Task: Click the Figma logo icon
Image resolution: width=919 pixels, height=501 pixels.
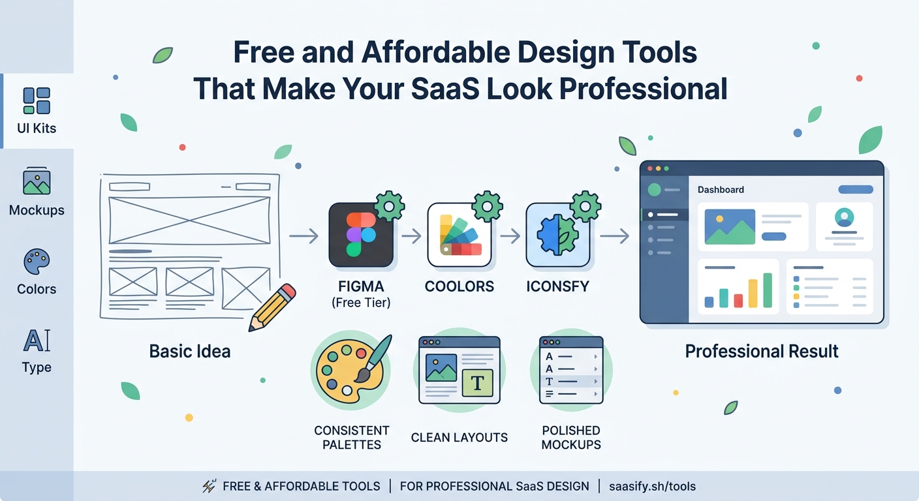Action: (360, 235)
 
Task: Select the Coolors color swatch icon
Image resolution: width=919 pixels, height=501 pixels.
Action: (459, 235)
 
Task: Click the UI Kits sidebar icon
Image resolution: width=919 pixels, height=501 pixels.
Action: (37, 100)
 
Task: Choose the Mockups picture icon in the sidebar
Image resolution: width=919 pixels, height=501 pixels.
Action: (37, 182)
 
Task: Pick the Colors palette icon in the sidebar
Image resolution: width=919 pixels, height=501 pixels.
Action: (37, 262)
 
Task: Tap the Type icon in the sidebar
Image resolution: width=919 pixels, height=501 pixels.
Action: (37, 341)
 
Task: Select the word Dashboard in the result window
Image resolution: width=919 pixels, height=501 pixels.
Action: (721, 190)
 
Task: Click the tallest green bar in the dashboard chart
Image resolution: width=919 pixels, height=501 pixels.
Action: (768, 290)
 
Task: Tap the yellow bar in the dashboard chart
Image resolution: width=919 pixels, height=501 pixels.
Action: (753, 294)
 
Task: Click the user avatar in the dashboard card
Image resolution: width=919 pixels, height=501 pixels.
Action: (844, 217)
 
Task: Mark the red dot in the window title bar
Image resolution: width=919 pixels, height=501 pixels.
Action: (649, 169)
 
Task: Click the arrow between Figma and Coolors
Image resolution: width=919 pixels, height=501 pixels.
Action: (411, 235)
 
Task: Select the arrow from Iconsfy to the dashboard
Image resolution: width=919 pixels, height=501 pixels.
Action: (614, 235)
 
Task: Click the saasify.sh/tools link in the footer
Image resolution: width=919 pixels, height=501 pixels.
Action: (652, 486)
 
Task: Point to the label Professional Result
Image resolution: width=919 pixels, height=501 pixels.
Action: (762, 352)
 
